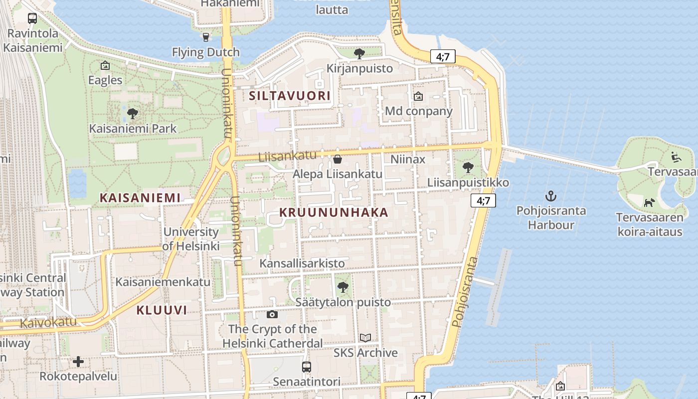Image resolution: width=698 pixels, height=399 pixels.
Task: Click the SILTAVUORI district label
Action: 290,96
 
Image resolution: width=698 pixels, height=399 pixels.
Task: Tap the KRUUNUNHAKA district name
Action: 334,212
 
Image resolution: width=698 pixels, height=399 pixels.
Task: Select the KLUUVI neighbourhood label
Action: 162,310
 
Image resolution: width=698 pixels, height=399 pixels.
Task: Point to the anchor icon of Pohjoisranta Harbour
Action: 551,196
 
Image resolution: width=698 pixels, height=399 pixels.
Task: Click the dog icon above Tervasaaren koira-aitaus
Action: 649,202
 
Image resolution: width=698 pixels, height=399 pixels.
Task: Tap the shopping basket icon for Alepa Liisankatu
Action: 338,159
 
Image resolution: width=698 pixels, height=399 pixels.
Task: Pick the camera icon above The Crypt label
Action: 272,314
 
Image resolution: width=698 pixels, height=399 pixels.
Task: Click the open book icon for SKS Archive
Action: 365,338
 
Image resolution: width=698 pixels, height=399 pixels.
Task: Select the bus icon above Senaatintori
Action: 307,367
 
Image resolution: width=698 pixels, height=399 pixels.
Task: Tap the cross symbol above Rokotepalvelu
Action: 78,361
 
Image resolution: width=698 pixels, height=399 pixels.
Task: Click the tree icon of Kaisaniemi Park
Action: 133,114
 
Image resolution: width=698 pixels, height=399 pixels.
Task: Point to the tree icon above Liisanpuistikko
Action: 468,168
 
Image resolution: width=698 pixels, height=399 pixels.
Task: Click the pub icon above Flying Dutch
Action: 205,37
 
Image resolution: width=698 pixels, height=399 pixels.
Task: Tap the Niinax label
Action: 408,160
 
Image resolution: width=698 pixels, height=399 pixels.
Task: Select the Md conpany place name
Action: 419,111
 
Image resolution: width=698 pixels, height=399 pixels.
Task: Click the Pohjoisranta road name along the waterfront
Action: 465,292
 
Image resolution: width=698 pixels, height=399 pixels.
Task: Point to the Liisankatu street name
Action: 288,156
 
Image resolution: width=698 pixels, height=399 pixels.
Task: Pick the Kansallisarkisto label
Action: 302,263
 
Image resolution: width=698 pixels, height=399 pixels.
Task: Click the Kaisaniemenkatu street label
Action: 163,282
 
